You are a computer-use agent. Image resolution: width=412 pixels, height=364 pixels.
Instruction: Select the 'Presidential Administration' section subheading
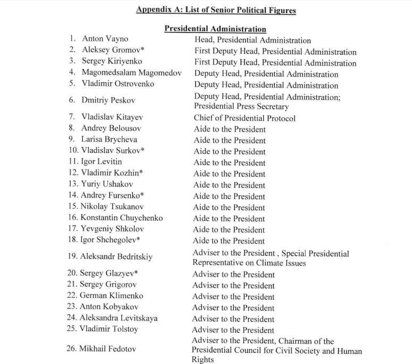[x=215, y=29]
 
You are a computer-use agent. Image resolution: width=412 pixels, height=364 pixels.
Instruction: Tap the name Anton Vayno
[x=105, y=39]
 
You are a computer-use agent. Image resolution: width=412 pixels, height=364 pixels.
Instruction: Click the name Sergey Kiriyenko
[x=112, y=62]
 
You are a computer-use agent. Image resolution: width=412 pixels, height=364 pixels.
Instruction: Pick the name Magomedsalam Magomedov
[x=131, y=73]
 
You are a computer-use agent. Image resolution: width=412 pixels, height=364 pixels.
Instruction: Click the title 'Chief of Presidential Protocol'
[x=245, y=118]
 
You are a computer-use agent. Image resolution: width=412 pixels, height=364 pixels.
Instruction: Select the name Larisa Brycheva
[x=109, y=140]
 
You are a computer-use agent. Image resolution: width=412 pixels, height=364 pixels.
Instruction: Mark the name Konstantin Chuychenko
[x=121, y=218]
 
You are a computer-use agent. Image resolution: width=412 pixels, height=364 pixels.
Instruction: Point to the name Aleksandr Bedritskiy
[x=116, y=257]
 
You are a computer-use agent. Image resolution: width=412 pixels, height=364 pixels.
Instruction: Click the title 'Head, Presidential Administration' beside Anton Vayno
[x=253, y=40]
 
